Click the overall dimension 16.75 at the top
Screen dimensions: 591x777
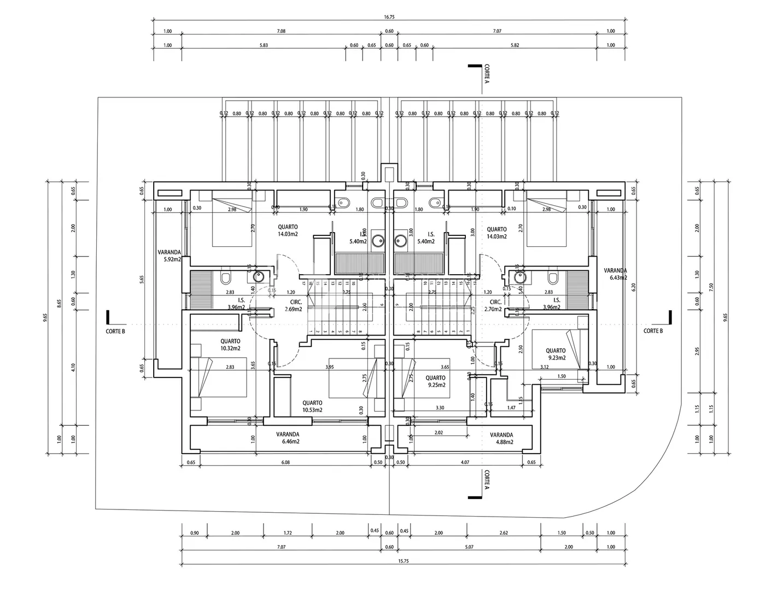point(389,17)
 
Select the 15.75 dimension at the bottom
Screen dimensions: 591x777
point(389,560)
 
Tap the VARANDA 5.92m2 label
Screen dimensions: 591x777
point(169,256)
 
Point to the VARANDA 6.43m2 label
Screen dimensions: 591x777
point(615,274)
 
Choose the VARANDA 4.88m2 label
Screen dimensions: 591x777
point(501,438)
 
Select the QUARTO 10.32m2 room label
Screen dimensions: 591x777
point(230,344)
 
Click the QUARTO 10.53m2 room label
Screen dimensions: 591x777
point(312,405)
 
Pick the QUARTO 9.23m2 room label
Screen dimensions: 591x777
point(556,354)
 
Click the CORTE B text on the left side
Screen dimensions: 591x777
point(116,331)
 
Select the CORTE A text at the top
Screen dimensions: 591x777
point(487,74)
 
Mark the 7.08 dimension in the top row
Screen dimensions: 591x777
point(281,31)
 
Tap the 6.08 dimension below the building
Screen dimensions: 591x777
point(285,462)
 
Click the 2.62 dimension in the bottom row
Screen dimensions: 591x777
point(504,533)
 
